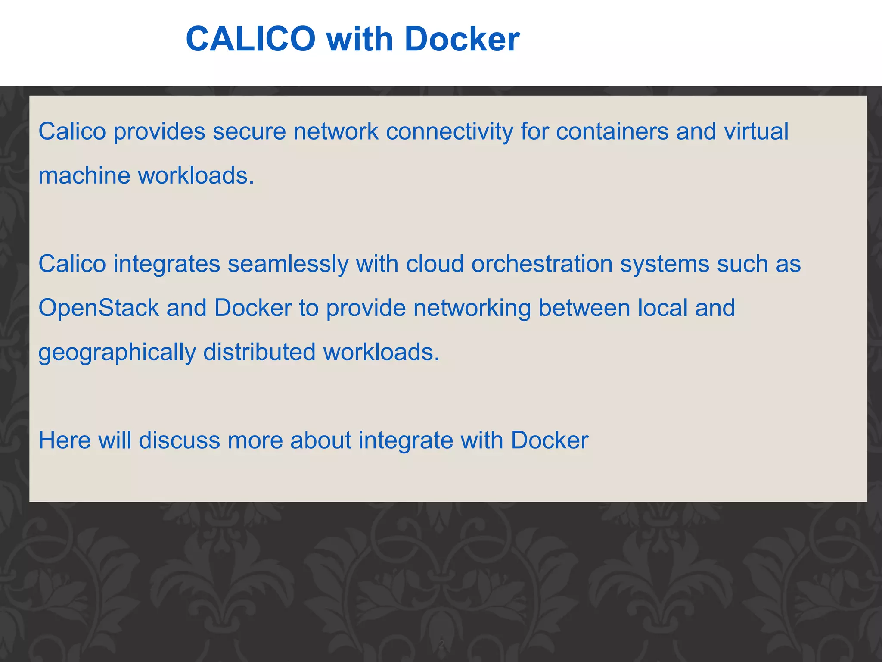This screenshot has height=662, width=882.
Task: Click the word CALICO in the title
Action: (251, 39)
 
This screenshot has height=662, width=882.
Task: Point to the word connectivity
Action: (449, 131)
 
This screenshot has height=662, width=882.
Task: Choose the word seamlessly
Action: (288, 264)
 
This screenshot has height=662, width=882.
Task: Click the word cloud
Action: (435, 264)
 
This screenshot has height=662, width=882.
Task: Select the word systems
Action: (665, 264)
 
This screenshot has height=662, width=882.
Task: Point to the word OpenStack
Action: (99, 308)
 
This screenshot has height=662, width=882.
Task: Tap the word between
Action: (584, 308)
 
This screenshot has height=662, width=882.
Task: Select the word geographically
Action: (117, 353)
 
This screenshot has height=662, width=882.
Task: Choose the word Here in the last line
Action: (65, 440)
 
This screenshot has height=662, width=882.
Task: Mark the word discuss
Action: (179, 440)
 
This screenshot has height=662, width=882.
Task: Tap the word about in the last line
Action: (320, 440)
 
